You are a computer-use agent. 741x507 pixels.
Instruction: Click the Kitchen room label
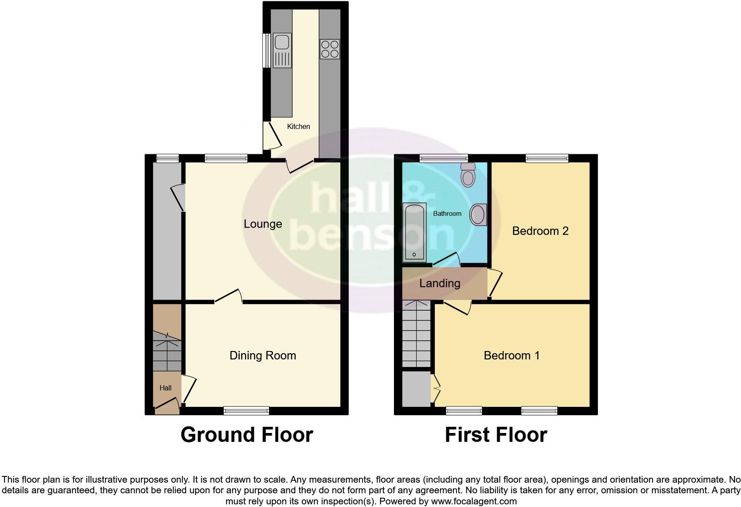[x=298, y=126]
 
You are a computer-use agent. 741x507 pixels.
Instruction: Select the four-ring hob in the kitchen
[x=330, y=49]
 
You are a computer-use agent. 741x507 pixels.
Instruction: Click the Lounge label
[x=263, y=224]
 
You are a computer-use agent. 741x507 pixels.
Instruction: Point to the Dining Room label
[x=263, y=355]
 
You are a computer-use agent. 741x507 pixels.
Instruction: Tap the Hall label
[x=165, y=388]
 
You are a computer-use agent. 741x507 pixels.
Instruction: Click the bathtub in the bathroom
[x=414, y=232]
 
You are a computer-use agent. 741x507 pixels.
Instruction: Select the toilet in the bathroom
[x=468, y=175]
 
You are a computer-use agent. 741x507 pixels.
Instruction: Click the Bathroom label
[x=447, y=214]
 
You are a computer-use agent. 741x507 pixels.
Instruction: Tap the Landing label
[x=440, y=283]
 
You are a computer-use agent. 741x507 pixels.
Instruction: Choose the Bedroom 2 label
[x=540, y=231]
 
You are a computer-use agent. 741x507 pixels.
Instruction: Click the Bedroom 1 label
[x=511, y=355]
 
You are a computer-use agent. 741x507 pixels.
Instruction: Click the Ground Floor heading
[x=247, y=435]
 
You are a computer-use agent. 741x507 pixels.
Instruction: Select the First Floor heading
[x=496, y=435]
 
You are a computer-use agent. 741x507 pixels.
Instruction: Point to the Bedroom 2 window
[x=547, y=158]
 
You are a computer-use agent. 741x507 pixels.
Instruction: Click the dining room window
[x=246, y=410]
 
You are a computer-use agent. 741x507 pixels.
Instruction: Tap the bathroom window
[x=444, y=158]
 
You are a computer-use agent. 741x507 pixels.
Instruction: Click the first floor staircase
[x=417, y=335]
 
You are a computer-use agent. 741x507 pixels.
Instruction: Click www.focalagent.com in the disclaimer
[x=474, y=502]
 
